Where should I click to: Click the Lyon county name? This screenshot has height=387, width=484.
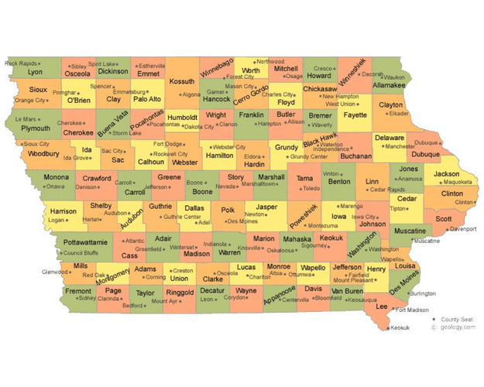pyautogui.click(x=36, y=72)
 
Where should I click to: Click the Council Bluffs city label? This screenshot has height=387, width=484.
pyautogui.click(x=81, y=252)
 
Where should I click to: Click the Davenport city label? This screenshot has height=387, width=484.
pyautogui.click(x=462, y=229)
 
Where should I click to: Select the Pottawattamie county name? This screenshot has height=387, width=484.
pyautogui.click(x=84, y=242)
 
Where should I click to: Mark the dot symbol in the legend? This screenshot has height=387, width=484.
pyautogui.click(x=433, y=319)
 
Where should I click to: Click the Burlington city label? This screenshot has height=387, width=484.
pyautogui.click(x=422, y=293)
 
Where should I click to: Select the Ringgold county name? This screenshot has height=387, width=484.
pyautogui.click(x=180, y=293)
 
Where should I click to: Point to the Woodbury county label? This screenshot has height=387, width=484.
pyautogui.click(x=43, y=154)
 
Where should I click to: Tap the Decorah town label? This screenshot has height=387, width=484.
pyautogui.click(x=372, y=74)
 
